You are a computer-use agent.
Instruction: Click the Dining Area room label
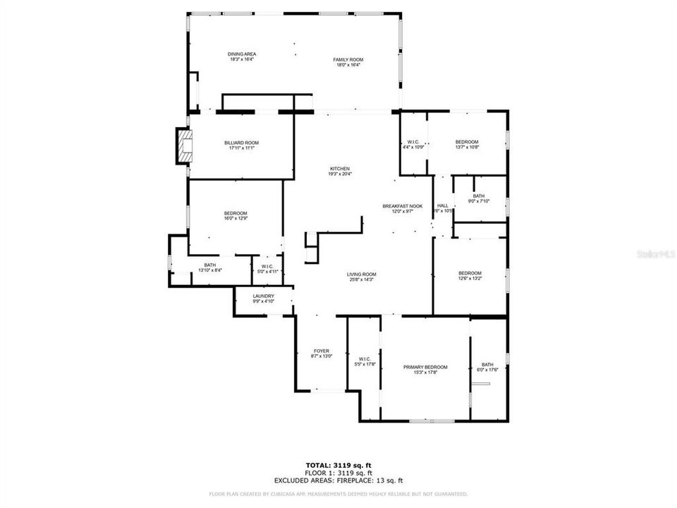pyautogui.click(x=241, y=54)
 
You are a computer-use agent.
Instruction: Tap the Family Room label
pyautogui.click(x=348, y=59)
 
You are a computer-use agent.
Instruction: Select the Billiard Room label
pyautogui.click(x=241, y=143)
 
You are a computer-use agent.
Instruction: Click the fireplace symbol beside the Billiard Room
pyautogui.click(x=185, y=145)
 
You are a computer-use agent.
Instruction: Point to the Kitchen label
pyautogui.click(x=340, y=169)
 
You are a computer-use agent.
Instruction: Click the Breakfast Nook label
pyautogui.click(x=402, y=206)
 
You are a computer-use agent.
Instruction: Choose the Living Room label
pyautogui.click(x=361, y=274)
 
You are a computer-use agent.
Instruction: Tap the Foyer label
pyautogui.click(x=322, y=351)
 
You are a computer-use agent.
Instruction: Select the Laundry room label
pyautogui.click(x=263, y=296)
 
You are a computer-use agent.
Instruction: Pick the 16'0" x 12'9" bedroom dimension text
pyautogui.click(x=236, y=219)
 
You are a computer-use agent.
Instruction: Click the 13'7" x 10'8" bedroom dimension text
pyautogui.click(x=467, y=147)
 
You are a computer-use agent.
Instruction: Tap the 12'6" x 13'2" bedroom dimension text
pyautogui.click(x=470, y=278)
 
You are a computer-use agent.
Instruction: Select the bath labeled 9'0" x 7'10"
pyautogui.click(x=479, y=197)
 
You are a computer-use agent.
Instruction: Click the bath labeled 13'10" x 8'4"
pyautogui.click(x=210, y=265)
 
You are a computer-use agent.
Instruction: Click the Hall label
pyautogui.click(x=442, y=206)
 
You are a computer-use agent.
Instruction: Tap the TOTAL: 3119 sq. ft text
pyautogui.click(x=338, y=464)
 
